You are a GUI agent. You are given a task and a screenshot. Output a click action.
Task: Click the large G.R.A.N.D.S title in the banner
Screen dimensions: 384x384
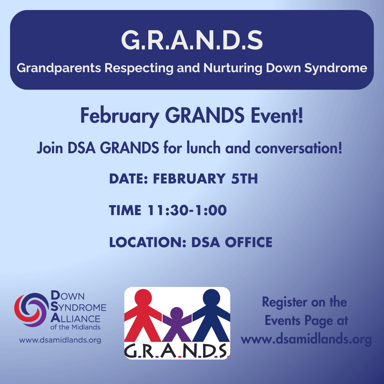(x=192, y=40)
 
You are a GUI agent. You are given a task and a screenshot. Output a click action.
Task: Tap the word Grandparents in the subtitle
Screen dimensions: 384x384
(x=59, y=68)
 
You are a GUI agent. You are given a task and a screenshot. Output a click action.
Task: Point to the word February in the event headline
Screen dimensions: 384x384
(x=120, y=116)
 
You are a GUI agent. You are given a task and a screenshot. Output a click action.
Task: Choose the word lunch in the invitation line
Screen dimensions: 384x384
(x=203, y=148)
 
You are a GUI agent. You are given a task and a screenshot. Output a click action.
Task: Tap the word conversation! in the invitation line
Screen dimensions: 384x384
(x=299, y=148)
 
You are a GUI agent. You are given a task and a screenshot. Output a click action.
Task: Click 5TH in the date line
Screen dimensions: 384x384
(x=244, y=178)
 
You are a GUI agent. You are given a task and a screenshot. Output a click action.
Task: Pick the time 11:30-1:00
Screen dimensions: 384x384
(x=187, y=210)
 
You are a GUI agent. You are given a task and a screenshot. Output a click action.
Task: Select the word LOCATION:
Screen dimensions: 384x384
(x=148, y=242)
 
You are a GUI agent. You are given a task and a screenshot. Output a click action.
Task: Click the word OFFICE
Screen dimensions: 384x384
(x=249, y=242)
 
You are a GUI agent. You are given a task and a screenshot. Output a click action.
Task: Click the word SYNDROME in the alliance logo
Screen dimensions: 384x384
(x=78, y=307)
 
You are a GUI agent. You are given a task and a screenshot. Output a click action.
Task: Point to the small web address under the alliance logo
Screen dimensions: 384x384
(x=60, y=340)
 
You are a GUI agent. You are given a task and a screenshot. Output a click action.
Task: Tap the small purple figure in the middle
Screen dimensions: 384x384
(x=177, y=323)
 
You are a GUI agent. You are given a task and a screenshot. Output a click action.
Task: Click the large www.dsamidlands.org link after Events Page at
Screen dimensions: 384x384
(x=306, y=340)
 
